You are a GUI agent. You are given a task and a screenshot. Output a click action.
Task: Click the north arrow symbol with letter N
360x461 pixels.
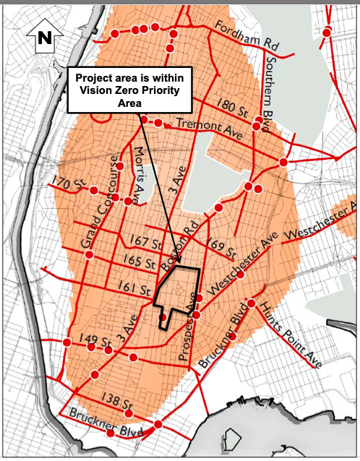pos(44,38)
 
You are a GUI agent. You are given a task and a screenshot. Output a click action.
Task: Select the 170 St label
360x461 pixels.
pos(67,185)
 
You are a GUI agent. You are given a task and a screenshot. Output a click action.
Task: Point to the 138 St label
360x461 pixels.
pos(117,403)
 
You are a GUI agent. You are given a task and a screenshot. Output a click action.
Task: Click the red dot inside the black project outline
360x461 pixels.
pos(163,316)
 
